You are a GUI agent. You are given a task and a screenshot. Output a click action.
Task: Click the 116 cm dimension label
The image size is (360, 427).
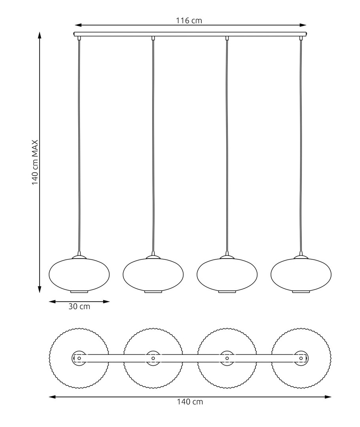coord(189,21)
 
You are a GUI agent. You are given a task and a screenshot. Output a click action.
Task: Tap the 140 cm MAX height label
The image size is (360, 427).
coord(35,162)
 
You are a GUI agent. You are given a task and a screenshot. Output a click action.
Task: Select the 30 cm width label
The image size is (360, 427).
coord(79,306)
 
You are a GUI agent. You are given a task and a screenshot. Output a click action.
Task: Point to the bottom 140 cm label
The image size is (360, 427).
coord(190,402)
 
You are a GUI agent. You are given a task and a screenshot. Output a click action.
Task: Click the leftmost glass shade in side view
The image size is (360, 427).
coord(79,274)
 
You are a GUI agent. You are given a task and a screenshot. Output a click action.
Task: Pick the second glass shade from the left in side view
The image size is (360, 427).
coord(153,274)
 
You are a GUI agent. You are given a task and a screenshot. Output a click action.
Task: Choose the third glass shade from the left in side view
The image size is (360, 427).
coord(227,274)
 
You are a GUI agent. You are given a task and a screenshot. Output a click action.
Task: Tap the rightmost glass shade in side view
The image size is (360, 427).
coord(301,274)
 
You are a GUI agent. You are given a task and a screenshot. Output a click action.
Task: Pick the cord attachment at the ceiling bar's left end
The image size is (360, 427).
coord(80,38)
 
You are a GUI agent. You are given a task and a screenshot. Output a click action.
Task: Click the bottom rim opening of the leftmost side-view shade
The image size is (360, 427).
coord(79,292)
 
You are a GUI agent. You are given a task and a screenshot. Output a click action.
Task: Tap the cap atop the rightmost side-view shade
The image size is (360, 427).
coord(301,257)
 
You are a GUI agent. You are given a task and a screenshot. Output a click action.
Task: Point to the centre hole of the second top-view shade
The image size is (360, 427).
coord(153,358)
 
